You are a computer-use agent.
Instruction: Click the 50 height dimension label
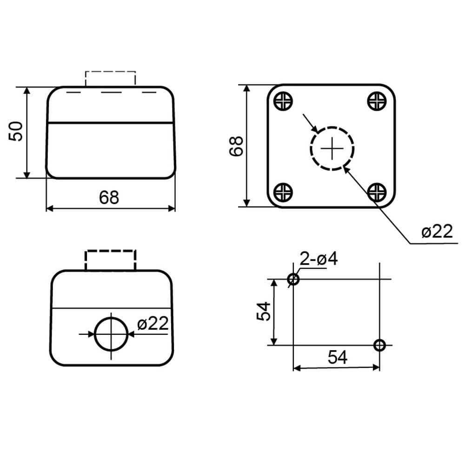pyautogui.click(x=16, y=132)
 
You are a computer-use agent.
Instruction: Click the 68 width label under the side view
pyautogui.click(x=109, y=197)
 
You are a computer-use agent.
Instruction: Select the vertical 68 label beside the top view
pyautogui.click(x=236, y=146)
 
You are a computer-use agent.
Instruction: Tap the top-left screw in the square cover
pyautogui.click(x=283, y=101)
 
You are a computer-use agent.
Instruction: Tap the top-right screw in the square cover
pyautogui.click(x=377, y=101)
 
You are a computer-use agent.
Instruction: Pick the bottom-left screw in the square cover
pyautogui.click(x=283, y=192)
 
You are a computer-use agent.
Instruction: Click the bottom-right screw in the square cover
pyautogui.click(x=377, y=192)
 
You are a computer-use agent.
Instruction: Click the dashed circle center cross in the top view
pyautogui.click(x=332, y=148)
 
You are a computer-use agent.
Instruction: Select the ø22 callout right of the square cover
pyautogui.click(x=437, y=231)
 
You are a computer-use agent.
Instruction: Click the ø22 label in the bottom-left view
pyautogui.click(x=153, y=323)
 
